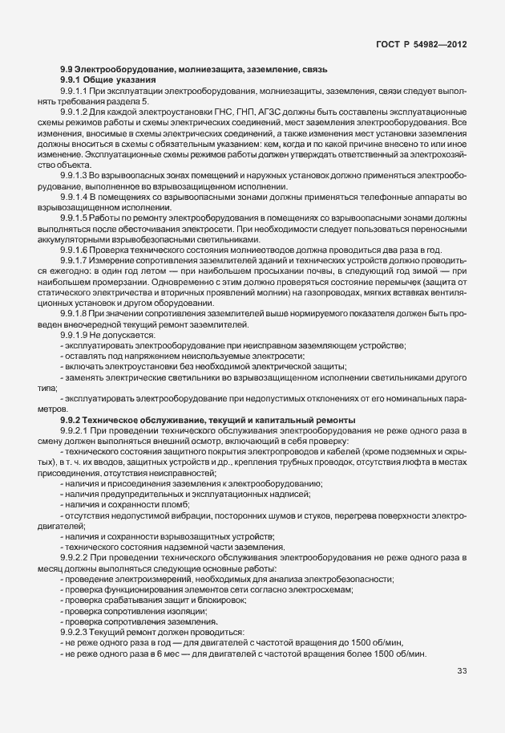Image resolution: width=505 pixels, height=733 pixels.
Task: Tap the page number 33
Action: click(x=462, y=671)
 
